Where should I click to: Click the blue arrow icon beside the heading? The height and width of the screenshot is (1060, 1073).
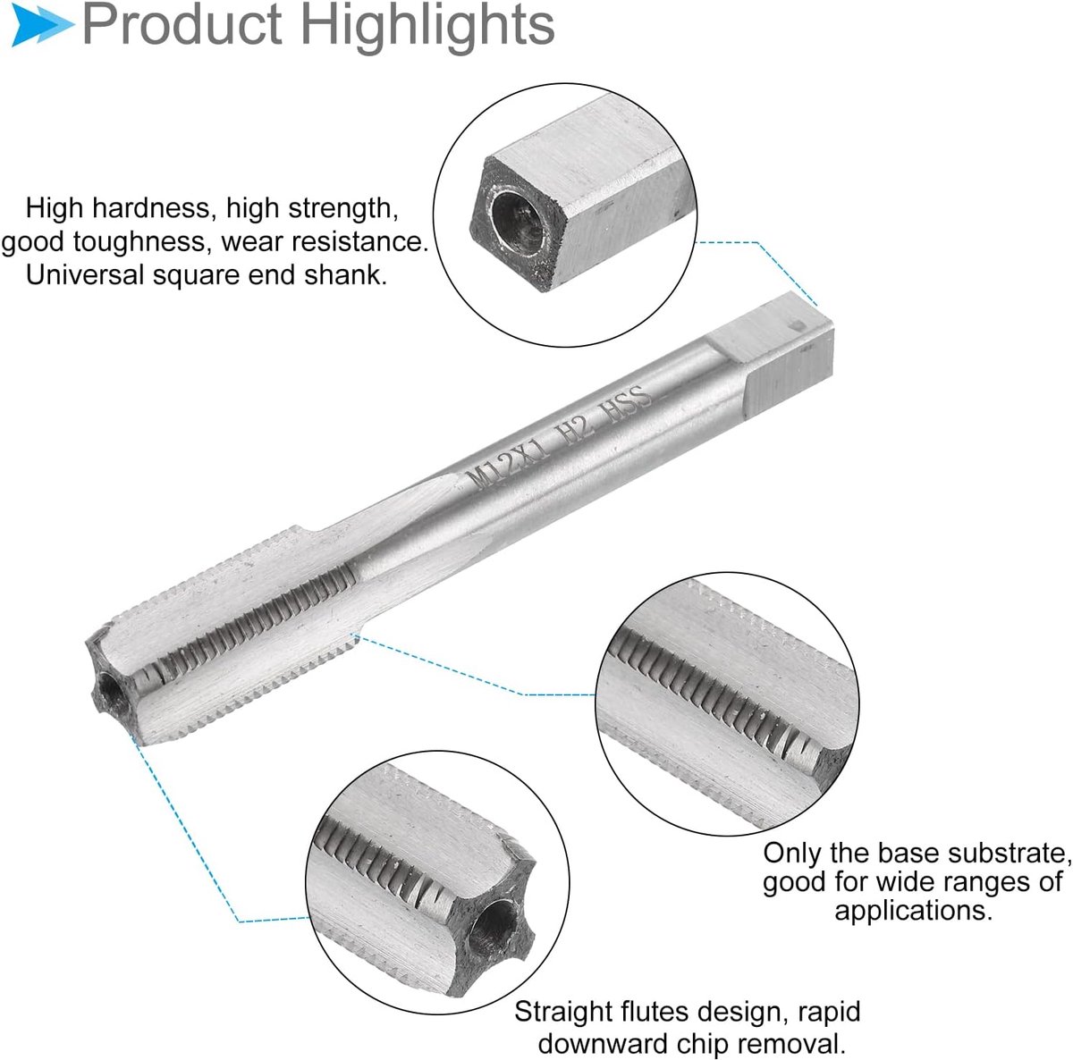coord(42,25)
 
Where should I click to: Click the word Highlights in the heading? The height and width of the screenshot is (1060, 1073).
coord(429,25)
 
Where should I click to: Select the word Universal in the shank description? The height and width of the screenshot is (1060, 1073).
coord(85,275)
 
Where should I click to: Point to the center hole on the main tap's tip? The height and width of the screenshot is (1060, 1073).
coord(111,692)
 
